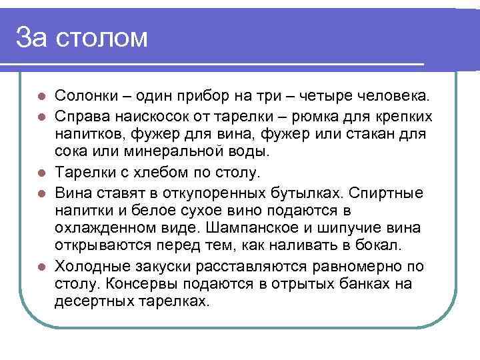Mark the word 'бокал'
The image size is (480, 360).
coord(380,245)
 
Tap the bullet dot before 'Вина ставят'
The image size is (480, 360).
coord(42,194)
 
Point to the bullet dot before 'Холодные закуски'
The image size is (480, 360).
coord(42,267)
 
